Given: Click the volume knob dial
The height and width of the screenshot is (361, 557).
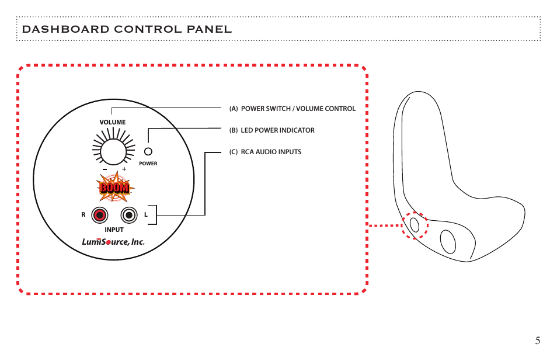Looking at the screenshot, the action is [x=113, y=152].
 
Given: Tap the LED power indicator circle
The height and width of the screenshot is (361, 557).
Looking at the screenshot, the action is [x=148, y=151].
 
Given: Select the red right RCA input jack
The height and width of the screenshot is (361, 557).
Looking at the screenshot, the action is [x=99, y=216].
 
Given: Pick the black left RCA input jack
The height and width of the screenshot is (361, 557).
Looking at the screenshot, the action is [x=129, y=216].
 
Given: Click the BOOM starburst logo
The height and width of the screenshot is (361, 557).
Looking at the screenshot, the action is [x=115, y=187].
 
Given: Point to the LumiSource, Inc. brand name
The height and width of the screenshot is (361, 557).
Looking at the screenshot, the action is [x=113, y=242].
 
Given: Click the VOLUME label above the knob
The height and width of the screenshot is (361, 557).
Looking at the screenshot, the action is [x=113, y=122].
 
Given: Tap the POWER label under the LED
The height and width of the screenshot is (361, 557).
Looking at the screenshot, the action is [x=148, y=164].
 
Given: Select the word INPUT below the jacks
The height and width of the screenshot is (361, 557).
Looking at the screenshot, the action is [x=114, y=230].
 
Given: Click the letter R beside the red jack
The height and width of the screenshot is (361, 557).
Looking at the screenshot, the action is [x=83, y=214].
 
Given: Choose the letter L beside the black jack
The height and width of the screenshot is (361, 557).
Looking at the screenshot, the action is [x=145, y=214].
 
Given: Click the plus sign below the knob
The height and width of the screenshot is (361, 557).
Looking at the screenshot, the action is [x=124, y=169].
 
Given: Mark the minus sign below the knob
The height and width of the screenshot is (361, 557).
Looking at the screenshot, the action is [x=105, y=169].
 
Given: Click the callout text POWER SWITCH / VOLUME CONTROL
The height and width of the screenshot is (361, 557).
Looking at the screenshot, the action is [x=298, y=109].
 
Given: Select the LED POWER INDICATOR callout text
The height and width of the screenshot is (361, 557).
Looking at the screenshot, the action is [x=277, y=130].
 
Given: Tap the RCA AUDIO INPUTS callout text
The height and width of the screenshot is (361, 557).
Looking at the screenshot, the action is [x=271, y=152].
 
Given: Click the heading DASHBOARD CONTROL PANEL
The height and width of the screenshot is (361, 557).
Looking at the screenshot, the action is [x=127, y=29].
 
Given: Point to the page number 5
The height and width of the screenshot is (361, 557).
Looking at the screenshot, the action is [x=538, y=341].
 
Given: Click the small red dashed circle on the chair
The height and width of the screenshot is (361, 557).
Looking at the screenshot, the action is [x=415, y=225].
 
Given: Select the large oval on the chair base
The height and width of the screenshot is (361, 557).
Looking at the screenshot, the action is [x=448, y=242].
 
